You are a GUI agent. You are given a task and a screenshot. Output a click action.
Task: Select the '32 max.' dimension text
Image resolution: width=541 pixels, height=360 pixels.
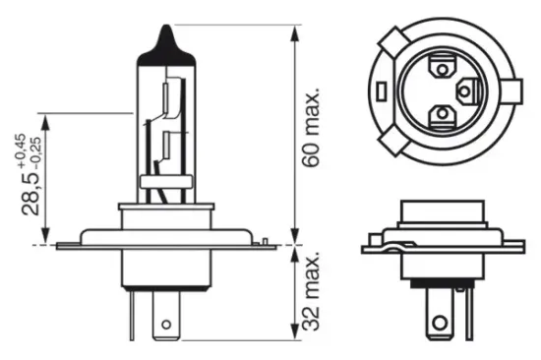(312, 292)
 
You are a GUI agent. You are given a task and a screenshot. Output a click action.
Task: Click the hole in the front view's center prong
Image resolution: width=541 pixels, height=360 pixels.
(167, 322)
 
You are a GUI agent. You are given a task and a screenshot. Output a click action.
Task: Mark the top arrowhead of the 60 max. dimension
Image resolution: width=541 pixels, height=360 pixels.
(293, 22)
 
